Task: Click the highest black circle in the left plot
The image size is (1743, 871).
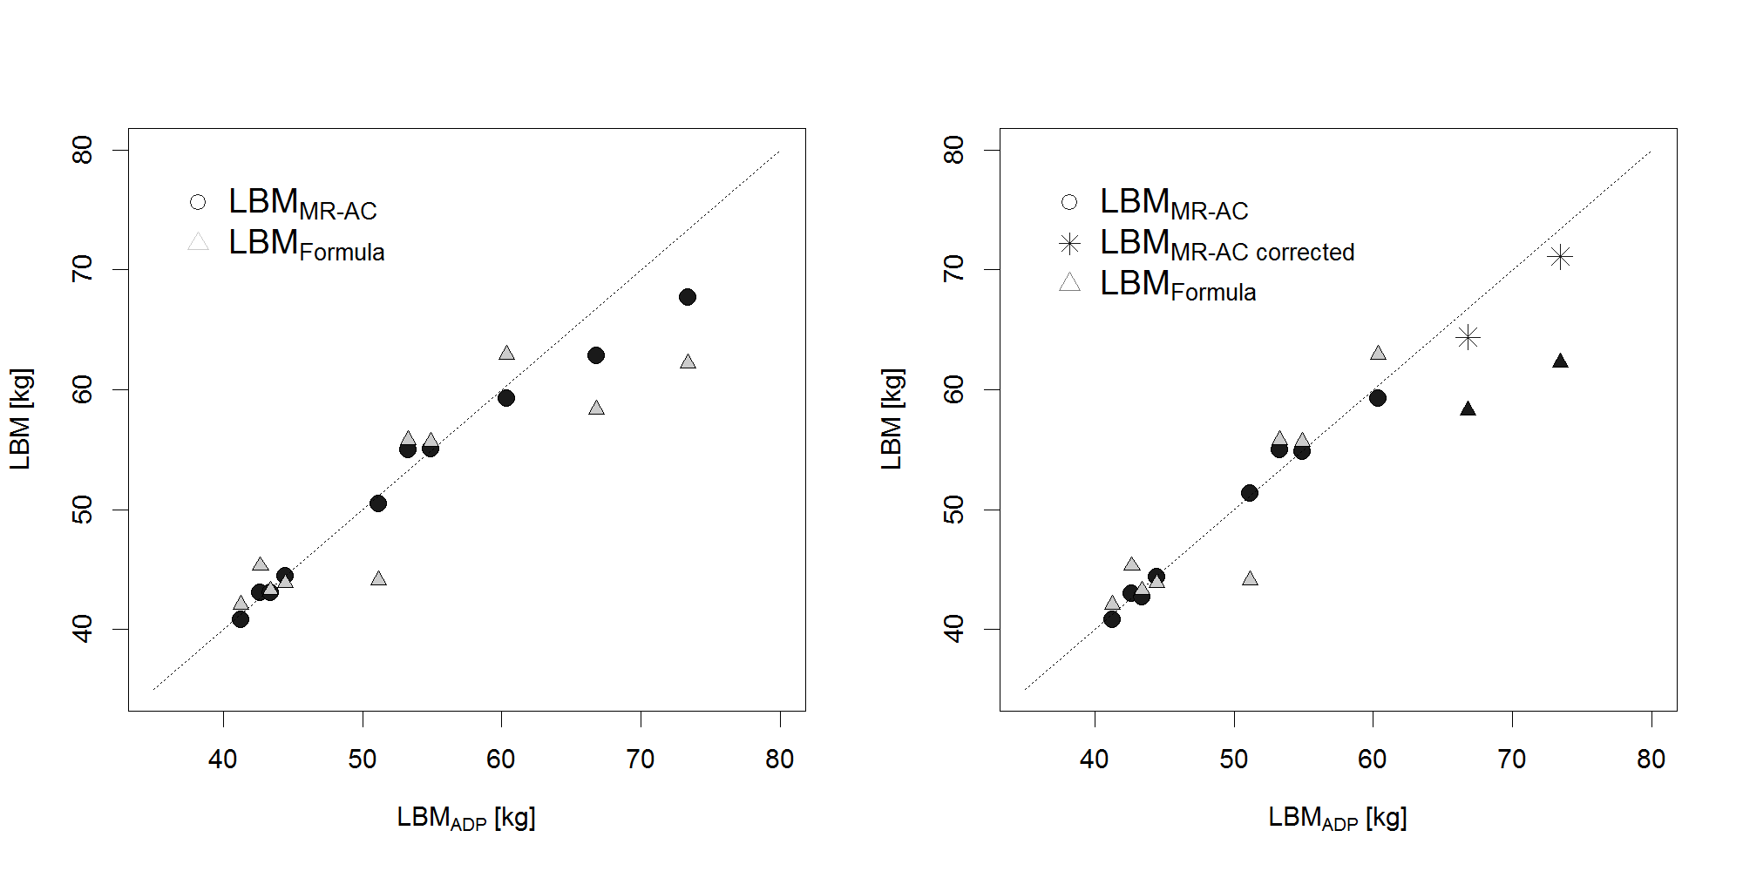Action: click(x=687, y=297)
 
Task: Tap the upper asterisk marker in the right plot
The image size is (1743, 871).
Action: click(x=1560, y=257)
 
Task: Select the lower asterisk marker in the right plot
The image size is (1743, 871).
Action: click(x=1468, y=337)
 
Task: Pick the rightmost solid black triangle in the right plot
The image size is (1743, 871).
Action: click(x=1560, y=361)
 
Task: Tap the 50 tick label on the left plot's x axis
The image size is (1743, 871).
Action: click(x=362, y=760)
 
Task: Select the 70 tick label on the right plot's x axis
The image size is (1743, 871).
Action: click(x=1511, y=760)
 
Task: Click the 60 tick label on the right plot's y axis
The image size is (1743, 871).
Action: click(x=953, y=389)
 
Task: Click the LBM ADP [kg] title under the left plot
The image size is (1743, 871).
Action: click(x=466, y=818)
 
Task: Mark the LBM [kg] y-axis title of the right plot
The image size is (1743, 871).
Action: click(x=892, y=419)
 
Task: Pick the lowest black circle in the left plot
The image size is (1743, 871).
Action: click(x=241, y=619)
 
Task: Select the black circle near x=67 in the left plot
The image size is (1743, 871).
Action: click(x=596, y=355)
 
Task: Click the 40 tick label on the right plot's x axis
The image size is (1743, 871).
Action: click(x=1095, y=760)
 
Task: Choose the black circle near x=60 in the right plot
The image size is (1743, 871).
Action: click(x=1377, y=398)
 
